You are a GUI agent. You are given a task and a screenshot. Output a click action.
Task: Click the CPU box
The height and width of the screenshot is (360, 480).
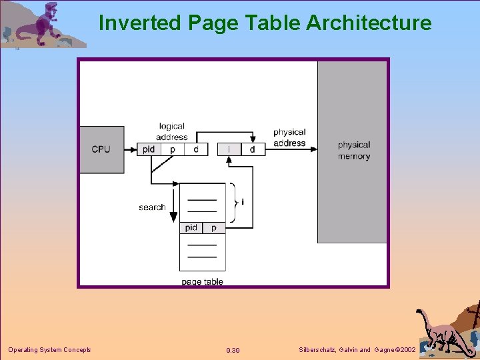pos(101,149)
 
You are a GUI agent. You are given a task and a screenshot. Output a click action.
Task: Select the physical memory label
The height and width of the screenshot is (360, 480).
pos(353,151)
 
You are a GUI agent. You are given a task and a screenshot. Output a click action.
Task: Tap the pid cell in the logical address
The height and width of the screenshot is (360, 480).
pos(149,149)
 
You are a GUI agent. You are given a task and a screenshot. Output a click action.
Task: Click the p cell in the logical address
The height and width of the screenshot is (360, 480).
pos(173,149)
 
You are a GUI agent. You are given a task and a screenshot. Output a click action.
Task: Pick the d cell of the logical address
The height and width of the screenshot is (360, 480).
pos(196,149)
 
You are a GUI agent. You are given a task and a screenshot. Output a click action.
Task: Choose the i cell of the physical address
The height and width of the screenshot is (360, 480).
pos(229,149)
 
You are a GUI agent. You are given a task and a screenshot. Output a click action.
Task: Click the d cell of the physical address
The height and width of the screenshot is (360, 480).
pos(253,149)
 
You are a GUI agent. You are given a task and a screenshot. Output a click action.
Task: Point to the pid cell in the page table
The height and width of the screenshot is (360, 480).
pos(191,228)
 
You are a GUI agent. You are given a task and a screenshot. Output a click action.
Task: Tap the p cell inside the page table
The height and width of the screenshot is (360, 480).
pos(214,228)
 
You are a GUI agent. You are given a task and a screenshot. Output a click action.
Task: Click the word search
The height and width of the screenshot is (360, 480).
pos(152,207)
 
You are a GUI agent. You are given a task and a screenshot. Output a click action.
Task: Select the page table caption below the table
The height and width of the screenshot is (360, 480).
pos(202,282)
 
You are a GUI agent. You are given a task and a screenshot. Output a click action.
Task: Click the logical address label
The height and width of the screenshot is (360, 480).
pos(172,131)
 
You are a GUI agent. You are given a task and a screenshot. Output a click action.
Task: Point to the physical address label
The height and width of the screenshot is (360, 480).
pos(289,137)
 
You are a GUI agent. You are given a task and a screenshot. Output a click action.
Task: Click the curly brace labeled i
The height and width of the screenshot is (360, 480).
pos(234,201)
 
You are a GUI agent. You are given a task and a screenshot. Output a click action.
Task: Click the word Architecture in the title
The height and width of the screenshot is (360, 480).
pos(369,23)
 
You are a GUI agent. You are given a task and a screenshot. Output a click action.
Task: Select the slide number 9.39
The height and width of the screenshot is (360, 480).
pos(233,351)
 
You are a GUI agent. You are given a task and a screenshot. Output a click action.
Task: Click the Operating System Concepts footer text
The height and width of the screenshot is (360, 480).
pos(49,350)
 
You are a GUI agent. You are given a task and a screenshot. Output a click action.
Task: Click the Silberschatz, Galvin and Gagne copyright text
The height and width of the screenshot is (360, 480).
pos(357,350)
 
